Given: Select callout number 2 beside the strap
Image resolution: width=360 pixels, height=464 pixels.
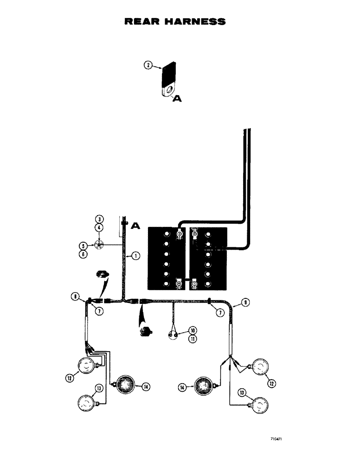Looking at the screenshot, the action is [148, 66].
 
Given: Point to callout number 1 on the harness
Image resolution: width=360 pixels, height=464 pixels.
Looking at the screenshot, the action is [135, 255].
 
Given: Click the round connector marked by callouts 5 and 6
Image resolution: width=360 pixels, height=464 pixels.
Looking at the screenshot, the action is [98, 245].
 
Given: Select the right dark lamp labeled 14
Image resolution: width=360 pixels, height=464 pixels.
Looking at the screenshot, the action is [203, 386].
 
